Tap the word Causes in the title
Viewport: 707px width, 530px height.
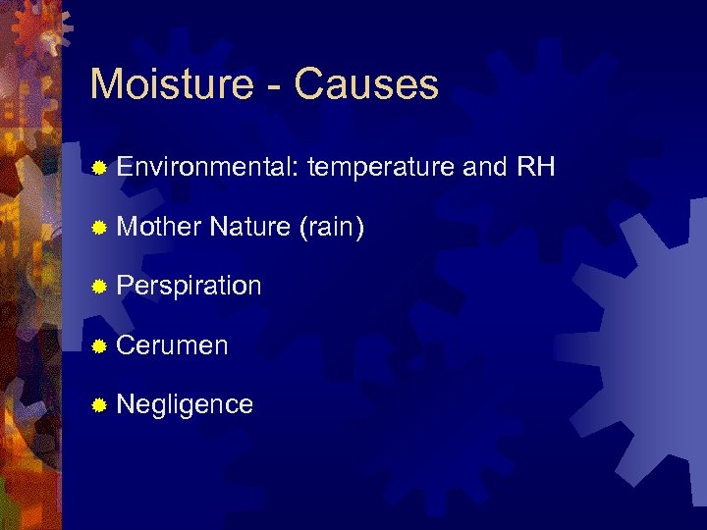(x=365, y=84)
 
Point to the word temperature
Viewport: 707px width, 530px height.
(x=380, y=168)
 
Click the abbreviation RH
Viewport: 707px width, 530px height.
(x=536, y=168)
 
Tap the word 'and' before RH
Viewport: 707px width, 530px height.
(x=484, y=168)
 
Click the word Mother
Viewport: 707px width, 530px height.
(x=158, y=228)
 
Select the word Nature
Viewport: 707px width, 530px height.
(x=249, y=228)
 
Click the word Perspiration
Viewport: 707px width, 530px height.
(x=189, y=287)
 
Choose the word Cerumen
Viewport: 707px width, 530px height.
(x=172, y=345)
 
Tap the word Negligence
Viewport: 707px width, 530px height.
(x=185, y=404)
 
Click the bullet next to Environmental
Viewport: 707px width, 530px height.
(x=98, y=169)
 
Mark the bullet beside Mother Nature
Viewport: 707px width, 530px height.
(x=98, y=229)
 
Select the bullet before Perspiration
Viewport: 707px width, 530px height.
(x=98, y=288)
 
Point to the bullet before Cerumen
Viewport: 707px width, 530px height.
(x=98, y=346)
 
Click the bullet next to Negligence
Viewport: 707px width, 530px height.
(x=98, y=405)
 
